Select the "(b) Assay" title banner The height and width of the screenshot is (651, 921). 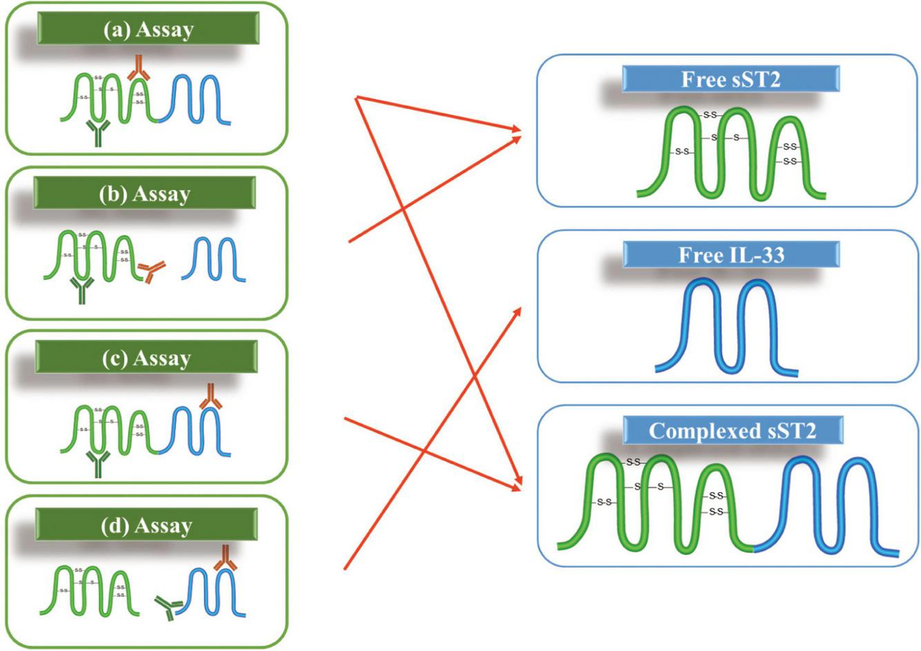tap(144, 194)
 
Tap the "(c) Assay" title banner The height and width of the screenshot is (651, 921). tap(146, 358)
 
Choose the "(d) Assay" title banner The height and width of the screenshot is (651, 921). tap(146, 525)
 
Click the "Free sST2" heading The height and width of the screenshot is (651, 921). tap(730, 79)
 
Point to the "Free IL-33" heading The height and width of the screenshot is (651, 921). tap(731, 255)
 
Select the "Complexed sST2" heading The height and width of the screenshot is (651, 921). tap(732, 431)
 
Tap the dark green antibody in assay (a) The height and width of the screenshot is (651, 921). tap(96, 132)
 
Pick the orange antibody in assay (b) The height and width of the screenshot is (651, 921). tap(151, 272)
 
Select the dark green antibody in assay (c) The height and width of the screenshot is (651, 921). tap(97, 464)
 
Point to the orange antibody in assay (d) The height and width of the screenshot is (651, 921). tap(225, 558)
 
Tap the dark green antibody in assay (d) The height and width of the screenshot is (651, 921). tap(167, 608)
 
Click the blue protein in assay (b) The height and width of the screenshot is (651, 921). tap(213, 259)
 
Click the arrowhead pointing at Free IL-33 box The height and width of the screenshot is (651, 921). tap(520, 309)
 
